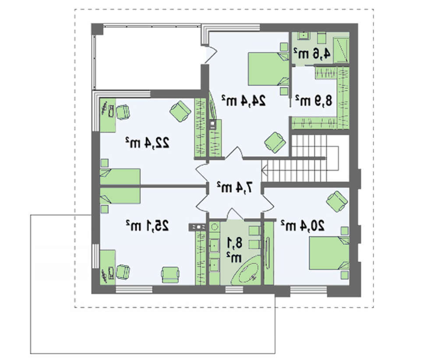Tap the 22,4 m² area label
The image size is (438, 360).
147,143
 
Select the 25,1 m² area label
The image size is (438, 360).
147,226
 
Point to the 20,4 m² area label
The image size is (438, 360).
303,226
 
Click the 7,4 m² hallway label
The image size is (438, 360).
235,187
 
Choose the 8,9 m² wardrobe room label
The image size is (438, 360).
314,101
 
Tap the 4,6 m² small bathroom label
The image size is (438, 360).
312,53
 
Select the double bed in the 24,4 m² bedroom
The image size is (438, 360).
269,69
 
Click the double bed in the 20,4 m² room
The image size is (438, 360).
329,253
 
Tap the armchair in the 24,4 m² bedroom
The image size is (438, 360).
275,142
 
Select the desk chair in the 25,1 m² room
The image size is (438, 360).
123,272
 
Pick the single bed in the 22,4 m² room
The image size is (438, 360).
120,177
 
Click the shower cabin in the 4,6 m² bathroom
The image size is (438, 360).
342,50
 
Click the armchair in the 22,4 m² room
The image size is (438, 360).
180,111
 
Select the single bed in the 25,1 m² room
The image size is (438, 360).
120,196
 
